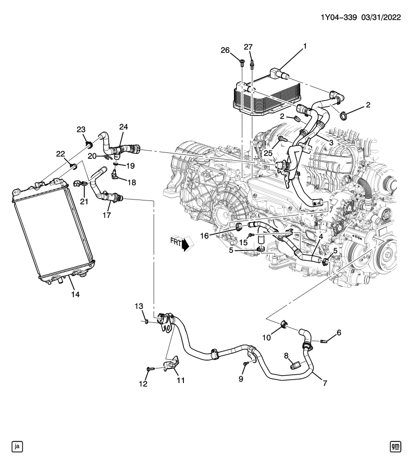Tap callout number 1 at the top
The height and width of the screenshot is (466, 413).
click(x=305, y=47)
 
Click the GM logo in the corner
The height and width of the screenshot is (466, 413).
click(x=396, y=446)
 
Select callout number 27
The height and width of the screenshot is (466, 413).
click(x=248, y=47)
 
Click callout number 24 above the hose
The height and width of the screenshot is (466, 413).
click(x=123, y=128)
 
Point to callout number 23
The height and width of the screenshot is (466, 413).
click(x=81, y=129)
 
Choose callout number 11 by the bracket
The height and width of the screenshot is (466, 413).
click(x=181, y=381)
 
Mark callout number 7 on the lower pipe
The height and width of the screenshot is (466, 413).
click(x=324, y=383)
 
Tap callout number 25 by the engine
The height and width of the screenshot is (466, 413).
click(x=269, y=154)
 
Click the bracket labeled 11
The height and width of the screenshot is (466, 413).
click(x=170, y=366)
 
